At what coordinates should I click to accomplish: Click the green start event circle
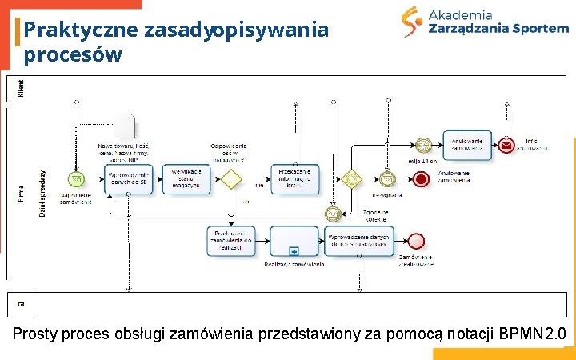(x=76, y=177)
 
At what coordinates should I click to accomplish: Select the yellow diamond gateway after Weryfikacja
(x=231, y=177)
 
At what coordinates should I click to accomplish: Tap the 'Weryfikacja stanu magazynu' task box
(x=186, y=178)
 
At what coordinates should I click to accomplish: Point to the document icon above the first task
(x=126, y=126)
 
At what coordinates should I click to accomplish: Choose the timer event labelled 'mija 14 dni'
(x=423, y=146)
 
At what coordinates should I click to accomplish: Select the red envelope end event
(x=506, y=146)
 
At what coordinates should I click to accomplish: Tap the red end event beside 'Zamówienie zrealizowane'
(x=416, y=241)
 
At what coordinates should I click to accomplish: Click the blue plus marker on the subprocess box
(x=294, y=250)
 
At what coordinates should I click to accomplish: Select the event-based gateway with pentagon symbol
(x=350, y=178)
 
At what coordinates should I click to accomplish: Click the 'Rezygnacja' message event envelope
(x=387, y=178)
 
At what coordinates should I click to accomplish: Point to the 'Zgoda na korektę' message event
(x=333, y=214)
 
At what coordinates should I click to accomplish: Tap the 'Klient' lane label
(x=21, y=90)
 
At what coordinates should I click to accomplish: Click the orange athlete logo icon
(x=413, y=22)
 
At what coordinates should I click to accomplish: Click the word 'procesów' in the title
(x=73, y=55)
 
